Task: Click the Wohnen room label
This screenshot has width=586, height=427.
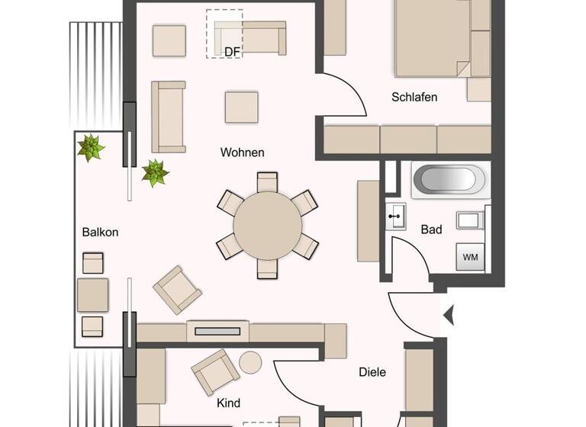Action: tap(243, 152)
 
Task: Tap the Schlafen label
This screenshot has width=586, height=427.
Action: tap(414, 97)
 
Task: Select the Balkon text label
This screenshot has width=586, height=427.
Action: tap(100, 233)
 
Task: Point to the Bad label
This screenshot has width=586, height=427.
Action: tap(431, 229)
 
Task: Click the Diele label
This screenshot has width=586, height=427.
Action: tap(372, 372)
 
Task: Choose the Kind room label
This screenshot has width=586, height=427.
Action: tap(229, 403)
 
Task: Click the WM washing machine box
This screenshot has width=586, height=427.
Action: tap(470, 257)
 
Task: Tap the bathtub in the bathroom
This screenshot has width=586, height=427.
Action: tap(449, 180)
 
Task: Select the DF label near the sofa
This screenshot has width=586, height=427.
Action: tap(232, 52)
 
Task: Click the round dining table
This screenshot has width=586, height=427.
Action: tap(267, 226)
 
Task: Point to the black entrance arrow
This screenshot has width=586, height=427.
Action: tap(449, 313)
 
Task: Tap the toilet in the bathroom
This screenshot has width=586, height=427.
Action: tap(471, 220)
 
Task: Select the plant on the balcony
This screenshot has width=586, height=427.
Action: tap(92, 147)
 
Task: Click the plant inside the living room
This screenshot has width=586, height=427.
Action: tap(155, 172)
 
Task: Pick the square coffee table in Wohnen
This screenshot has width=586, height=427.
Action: tap(241, 107)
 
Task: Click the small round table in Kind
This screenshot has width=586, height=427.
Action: tap(250, 362)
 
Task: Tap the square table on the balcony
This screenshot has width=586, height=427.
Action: tap(92, 295)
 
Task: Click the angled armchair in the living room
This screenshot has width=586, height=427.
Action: tap(178, 290)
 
